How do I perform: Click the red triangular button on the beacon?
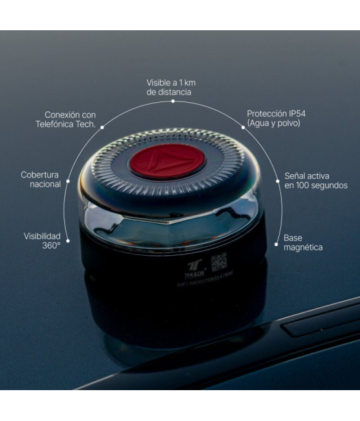167,161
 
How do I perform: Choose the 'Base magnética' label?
303,242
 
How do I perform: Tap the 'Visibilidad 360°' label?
42,240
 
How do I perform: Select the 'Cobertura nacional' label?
40,179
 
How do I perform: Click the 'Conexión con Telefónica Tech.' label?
66,120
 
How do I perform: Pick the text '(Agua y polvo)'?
273,123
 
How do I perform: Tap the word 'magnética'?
303,247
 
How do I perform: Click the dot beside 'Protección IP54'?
243,127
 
